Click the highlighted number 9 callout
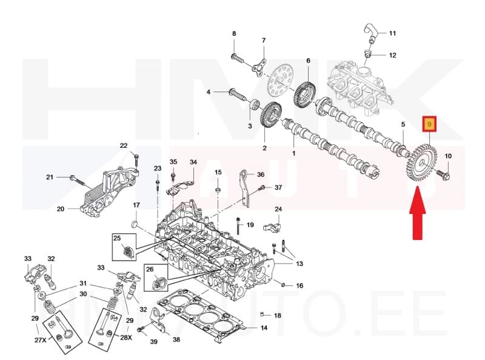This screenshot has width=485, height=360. point(429,125)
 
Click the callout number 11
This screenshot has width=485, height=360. point(392,33)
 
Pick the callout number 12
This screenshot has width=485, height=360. point(392,55)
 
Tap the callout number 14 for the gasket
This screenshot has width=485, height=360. point(264,328)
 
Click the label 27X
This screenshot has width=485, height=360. point(40,341)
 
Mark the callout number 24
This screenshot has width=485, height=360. point(278,209)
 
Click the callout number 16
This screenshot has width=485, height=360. point(299,285)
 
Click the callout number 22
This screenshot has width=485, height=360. point(124,145)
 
